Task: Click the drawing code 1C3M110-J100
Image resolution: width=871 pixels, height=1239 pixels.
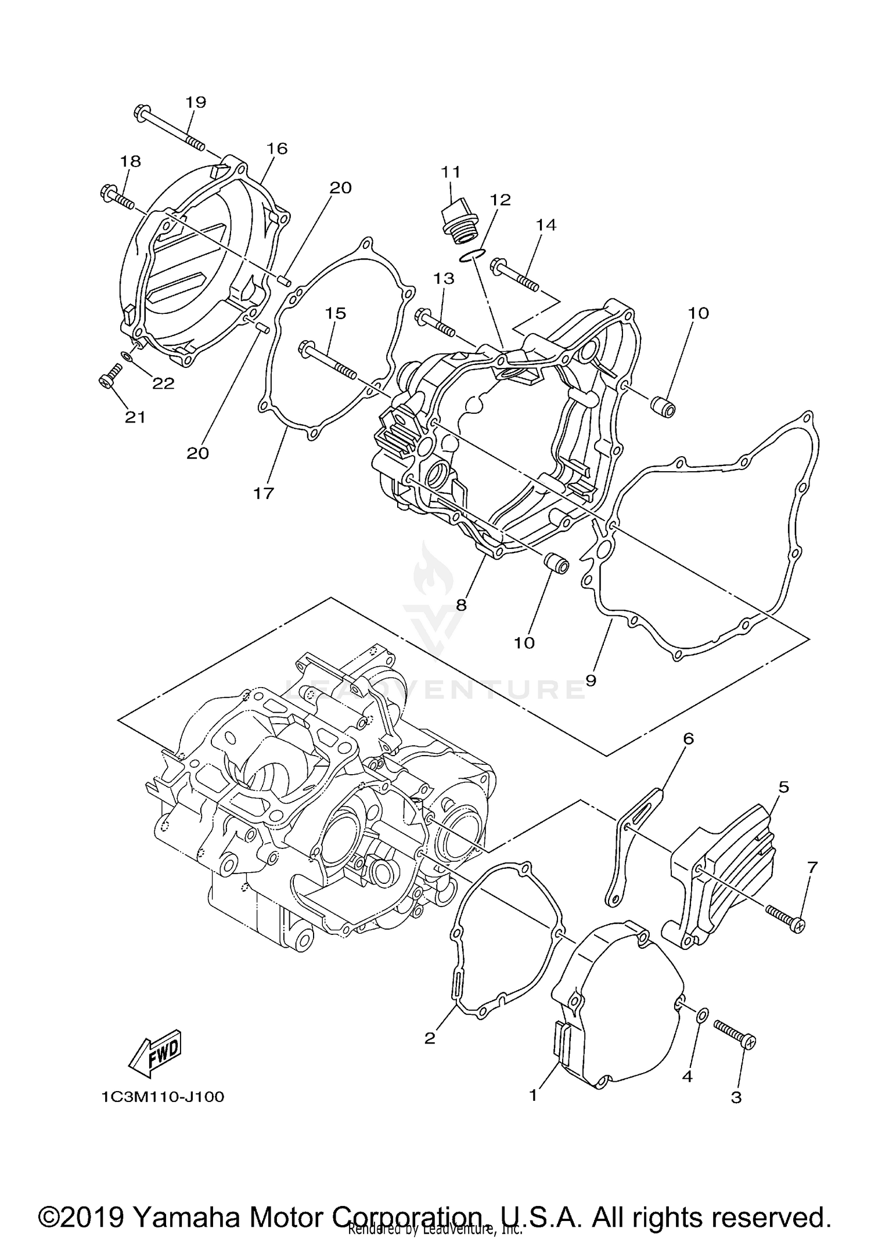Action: (163, 1097)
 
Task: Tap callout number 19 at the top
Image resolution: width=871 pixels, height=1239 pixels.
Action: (196, 102)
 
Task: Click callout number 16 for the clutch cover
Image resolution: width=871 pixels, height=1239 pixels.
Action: (277, 149)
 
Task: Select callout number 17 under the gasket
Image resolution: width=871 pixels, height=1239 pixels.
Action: (263, 493)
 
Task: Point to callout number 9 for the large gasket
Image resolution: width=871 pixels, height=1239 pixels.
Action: (591, 680)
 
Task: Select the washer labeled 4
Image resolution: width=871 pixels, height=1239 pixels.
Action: (701, 1016)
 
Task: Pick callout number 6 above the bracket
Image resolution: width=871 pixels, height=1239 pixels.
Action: (689, 738)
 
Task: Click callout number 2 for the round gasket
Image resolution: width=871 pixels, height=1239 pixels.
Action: (430, 1038)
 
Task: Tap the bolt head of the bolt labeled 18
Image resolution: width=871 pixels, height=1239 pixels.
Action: (109, 191)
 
